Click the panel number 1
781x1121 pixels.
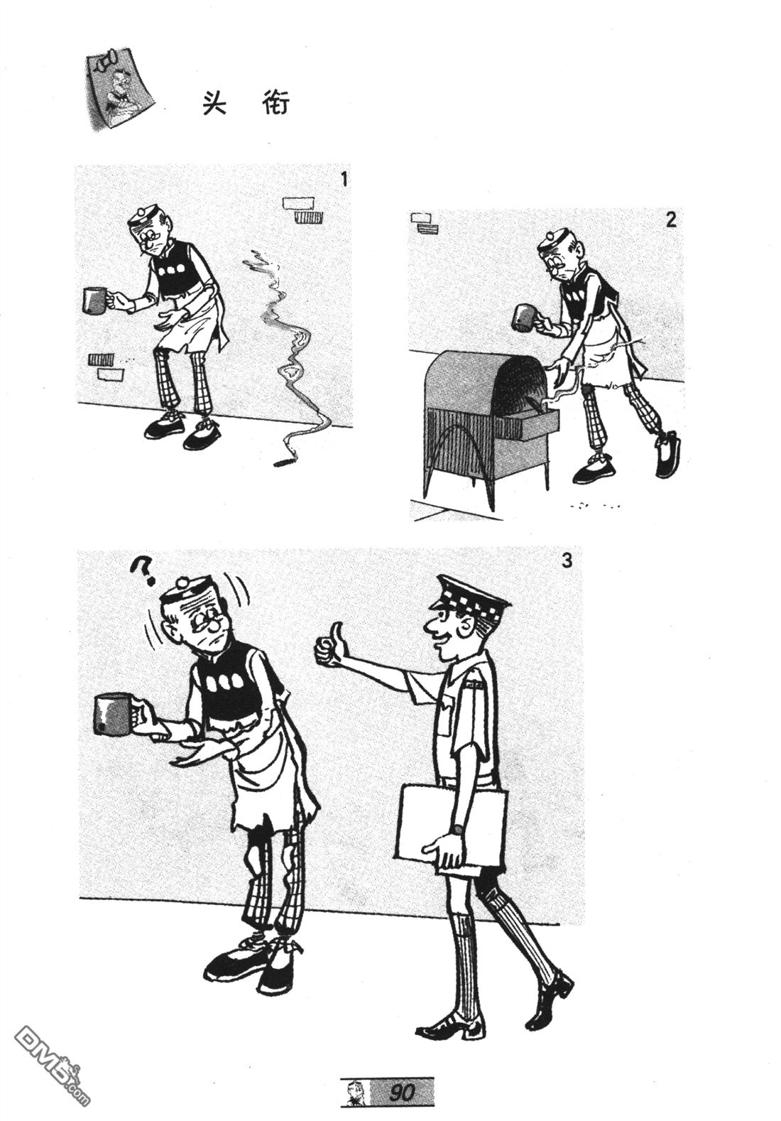tap(343, 179)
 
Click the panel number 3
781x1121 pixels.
tap(566, 560)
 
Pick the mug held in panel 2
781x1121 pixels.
tap(525, 318)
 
